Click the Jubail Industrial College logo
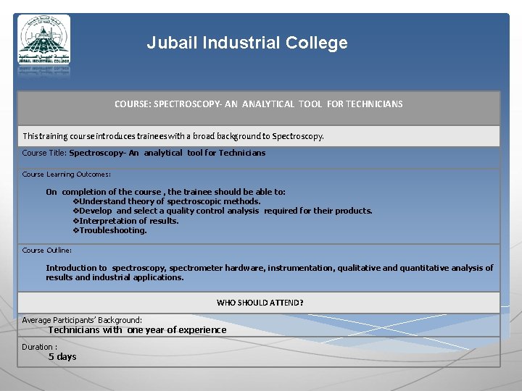[44, 44]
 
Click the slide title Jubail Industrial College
[247, 43]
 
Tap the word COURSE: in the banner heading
[133, 104]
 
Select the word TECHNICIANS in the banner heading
[374, 104]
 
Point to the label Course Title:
[44, 153]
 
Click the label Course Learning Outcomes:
[66, 175]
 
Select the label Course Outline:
[46, 251]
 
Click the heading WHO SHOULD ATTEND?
[260, 303]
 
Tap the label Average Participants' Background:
[82, 320]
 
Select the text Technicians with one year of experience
[137, 330]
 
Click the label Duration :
[39, 347]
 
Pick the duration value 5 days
[62, 357]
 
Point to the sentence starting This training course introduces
[173, 136]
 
